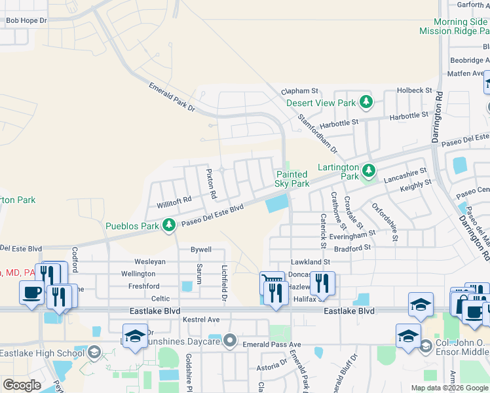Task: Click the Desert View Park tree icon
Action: coord(366,102)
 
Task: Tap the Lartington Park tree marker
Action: coord(369,171)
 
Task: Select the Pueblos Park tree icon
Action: coord(169,226)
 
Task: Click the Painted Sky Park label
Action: coord(292,179)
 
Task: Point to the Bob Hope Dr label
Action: coord(26,21)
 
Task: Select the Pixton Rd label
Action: coord(211,184)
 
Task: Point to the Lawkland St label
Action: coord(311,262)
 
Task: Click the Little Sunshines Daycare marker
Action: coord(229,340)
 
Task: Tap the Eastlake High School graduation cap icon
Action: coord(94,353)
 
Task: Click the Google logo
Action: coord(22,385)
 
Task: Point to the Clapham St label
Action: coord(299,92)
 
